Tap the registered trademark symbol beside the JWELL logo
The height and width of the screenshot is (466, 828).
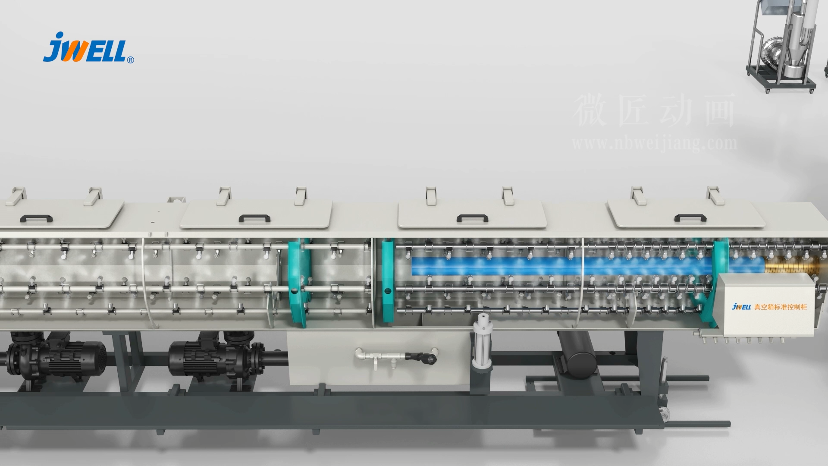pyautogui.click(x=131, y=60)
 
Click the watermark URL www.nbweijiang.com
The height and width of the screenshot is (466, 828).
pyautogui.click(x=654, y=143)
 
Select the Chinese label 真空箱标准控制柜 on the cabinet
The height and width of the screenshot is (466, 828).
pyautogui.click(x=781, y=307)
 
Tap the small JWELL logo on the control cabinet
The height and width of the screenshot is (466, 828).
pyautogui.click(x=742, y=306)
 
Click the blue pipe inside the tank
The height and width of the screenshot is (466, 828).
pyautogui.click(x=561, y=266)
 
